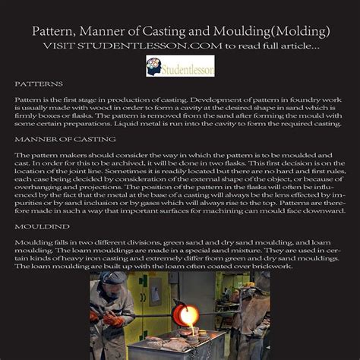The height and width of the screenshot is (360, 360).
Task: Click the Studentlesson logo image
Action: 180,66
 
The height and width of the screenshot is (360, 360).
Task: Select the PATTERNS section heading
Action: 39,84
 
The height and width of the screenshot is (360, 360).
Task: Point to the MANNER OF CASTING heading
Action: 65,140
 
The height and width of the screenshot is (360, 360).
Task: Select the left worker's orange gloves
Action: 114,319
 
